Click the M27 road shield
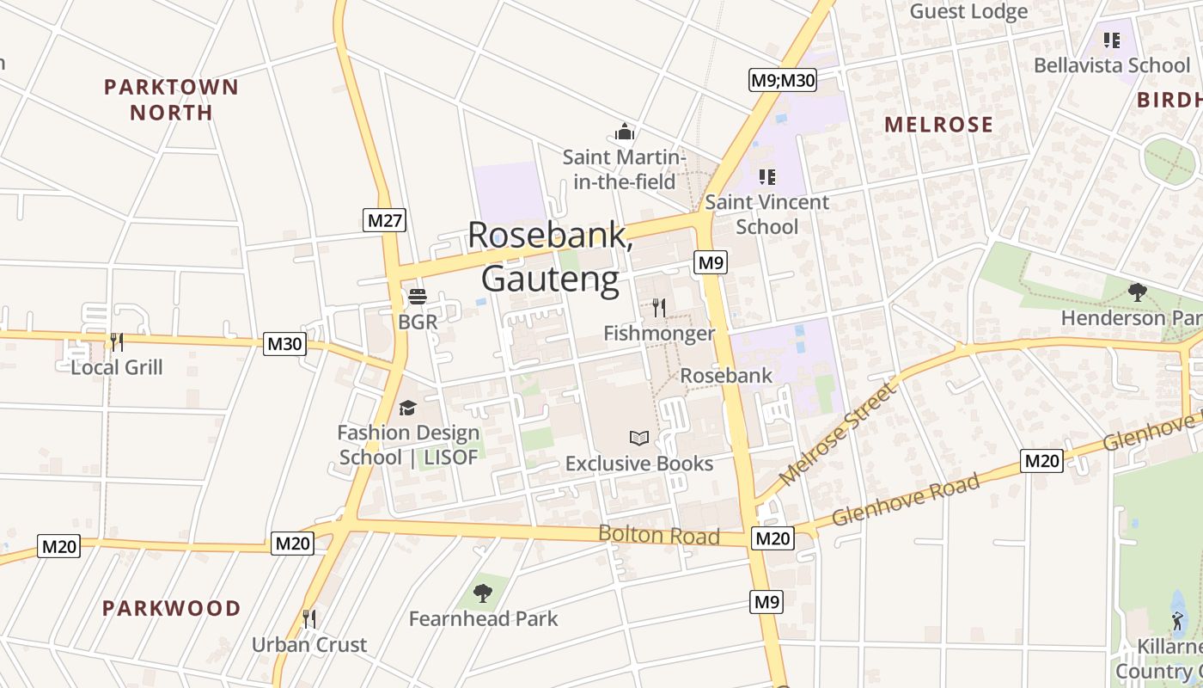pyautogui.click(x=384, y=221)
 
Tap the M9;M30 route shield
pyautogui.click(x=782, y=80)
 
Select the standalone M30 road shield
pyautogui.click(x=285, y=344)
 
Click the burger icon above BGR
pyautogui.click(x=418, y=298)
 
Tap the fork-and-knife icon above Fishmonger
pyautogui.click(x=659, y=307)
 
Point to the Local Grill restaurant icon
pyautogui.click(x=117, y=342)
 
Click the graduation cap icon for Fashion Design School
pyautogui.click(x=407, y=408)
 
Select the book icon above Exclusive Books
pyautogui.click(x=638, y=438)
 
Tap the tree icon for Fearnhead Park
pyautogui.click(x=483, y=593)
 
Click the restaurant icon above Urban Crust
pyautogui.click(x=309, y=618)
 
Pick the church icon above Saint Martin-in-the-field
pyautogui.click(x=625, y=132)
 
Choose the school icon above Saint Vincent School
pyautogui.click(x=767, y=177)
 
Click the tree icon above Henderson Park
pyautogui.click(x=1138, y=292)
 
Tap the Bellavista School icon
pyautogui.click(x=1112, y=40)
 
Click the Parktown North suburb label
pyautogui.click(x=171, y=100)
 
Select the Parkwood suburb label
pyautogui.click(x=172, y=608)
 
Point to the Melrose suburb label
pyautogui.click(x=938, y=125)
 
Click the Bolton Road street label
pyautogui.click(x=659, y=535)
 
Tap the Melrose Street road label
pyautogui.click(x=838, y=433)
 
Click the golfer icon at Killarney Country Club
pyautogui.click(x=1177, y=621)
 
